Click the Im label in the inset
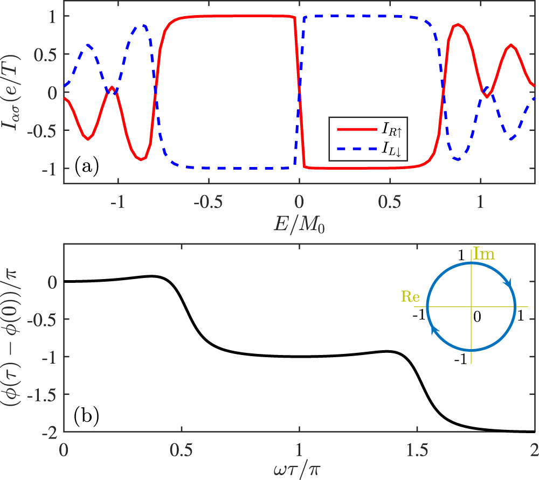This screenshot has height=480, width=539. (x=485, y=252)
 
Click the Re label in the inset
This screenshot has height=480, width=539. (x=411, y=296)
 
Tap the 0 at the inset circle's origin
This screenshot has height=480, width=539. (x=477, y=316)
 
